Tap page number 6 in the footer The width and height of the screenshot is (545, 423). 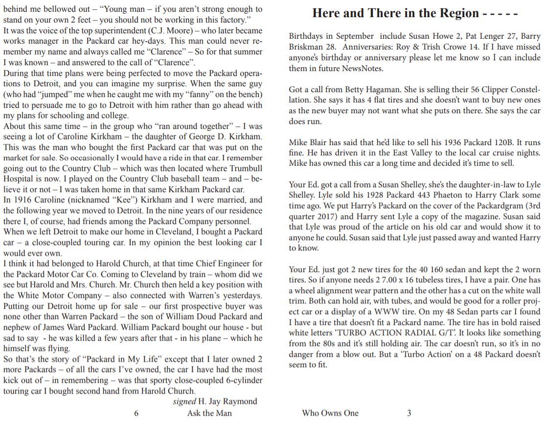tap(136, 413)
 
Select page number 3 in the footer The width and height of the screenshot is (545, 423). tap(409, 413)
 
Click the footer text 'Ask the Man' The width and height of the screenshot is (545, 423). tap(209, 413)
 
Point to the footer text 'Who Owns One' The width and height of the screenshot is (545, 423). tap(330, 413)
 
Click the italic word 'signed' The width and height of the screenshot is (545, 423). tap(184, 401)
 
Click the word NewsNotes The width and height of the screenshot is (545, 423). tap(355, 69)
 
